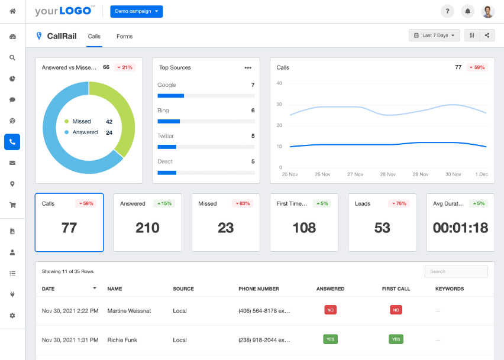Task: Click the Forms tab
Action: coord(124,37)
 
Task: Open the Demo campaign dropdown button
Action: coord(136,11)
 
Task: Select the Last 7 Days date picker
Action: coord(434,35)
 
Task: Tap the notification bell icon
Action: coord(468,11)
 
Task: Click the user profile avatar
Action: coord(487,11)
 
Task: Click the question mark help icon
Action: coord(448,11)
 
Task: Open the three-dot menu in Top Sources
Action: coord(248,67)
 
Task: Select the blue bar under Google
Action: coord(171,95)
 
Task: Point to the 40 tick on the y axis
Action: coord(279,83)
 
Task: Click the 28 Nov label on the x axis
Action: coord(387,174)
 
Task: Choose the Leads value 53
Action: coord(382,228)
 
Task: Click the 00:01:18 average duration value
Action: coord(460,228)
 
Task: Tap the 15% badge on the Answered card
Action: coord(164,203)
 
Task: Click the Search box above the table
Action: coord(455,271)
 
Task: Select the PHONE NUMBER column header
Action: coord(259,289)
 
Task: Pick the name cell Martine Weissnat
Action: coord(128,311)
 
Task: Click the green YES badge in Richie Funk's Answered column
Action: coord(330,339)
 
